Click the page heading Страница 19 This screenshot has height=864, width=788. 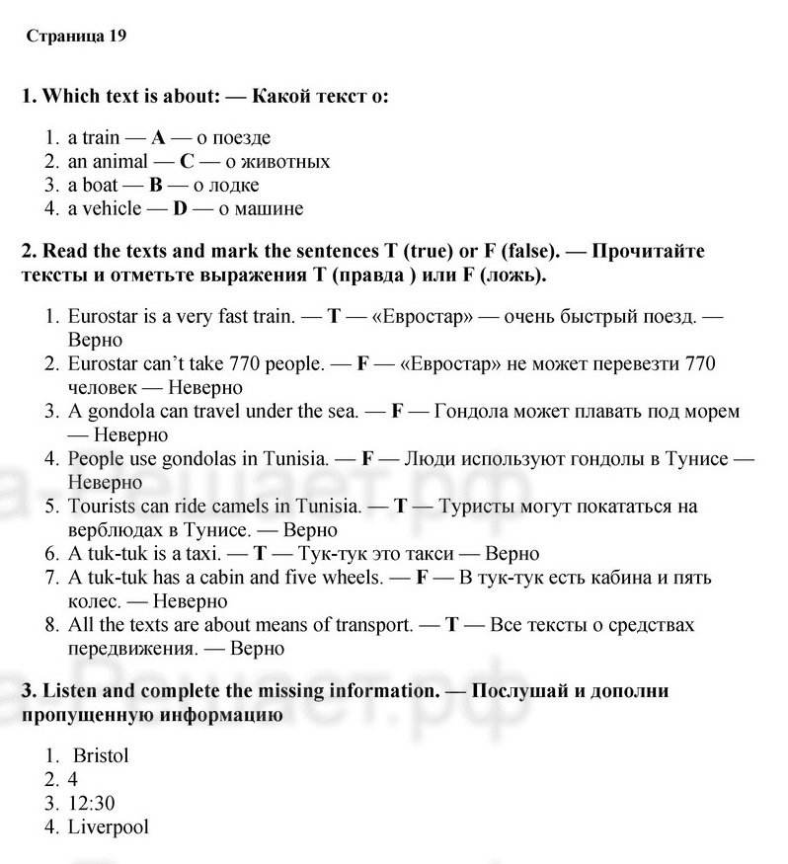point(76,37)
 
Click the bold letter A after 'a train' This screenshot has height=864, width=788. point(158,138)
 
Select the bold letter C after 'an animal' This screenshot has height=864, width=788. point(187,162)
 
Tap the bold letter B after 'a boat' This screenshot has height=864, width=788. point(155,186)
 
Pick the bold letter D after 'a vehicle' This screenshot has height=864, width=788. point(180,209)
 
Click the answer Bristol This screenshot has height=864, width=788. point(101,756)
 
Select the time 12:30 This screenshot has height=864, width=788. point(91,804)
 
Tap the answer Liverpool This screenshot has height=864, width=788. point(108,827)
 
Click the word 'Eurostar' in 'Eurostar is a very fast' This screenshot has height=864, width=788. point(103,317)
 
